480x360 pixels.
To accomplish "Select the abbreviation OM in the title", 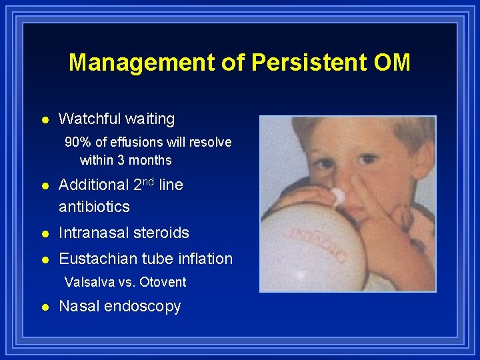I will coord(393,63).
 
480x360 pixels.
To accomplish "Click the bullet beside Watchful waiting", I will coord(44,120).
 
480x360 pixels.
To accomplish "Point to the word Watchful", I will coord(87,119).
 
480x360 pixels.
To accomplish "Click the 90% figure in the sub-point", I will coord(77,142).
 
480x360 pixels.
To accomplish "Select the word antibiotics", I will coord(94,207).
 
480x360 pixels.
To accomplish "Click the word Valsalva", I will coord(90,282).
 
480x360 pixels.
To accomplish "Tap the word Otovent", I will coord(163,282).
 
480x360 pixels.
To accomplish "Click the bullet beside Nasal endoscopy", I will coord(44,307).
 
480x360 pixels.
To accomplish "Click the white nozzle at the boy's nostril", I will coord(338,195).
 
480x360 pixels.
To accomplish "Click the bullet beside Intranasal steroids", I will coord(44,233).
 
